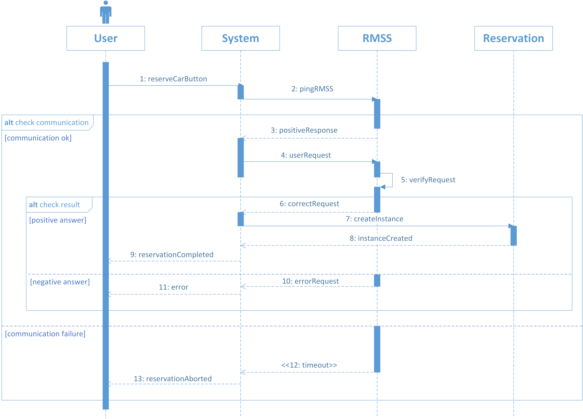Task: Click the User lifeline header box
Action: pyautogui.click(x=106, y=38)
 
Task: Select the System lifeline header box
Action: pyautogui.click(x=241, y=38)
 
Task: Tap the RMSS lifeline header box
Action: pyautogui.click(x=377, y=38)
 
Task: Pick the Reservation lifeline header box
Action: pyautogui.click(x=514, y=38)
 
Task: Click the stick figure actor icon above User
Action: pyautogui.click(x=106, y=12)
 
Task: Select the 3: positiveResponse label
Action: pyautogui.click(x=304, y=130)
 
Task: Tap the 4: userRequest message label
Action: pyautogui.click(x=306, y=155)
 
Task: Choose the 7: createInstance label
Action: pyautogui.click(x=375, y=219)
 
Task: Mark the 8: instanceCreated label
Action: pyautogui.click(x=381, y=238)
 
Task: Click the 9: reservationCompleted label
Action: pyautogui.click(x=172, y=255)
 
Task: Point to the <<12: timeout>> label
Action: pyautogui.click(x=309, y=365)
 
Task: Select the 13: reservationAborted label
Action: pyautogui.click(x=173, y=379)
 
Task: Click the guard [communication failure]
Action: pyautogui.click(x=45, y=334)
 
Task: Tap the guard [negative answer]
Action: pyautogui.click(x=60, y=282)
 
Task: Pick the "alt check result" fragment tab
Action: pyautogui.click(x=59, y=205)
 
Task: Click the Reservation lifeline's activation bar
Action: pyautogui.click(x=514, y=236)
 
